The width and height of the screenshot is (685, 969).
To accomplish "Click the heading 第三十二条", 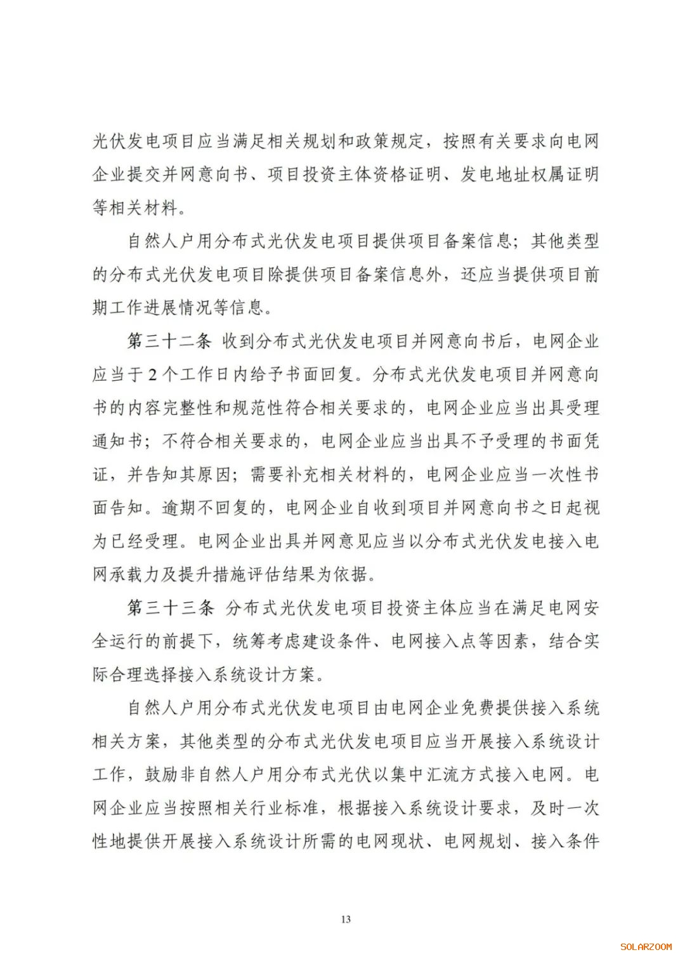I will click(169, 341).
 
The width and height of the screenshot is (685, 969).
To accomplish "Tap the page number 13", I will click(346, 919).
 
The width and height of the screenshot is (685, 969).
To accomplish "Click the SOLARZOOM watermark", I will click(646, 947).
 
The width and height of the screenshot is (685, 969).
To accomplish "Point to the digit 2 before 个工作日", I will click(152, 375).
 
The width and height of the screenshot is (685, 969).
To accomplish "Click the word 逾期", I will click(179, 508).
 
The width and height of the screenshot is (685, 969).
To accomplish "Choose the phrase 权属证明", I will click(564, 175).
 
